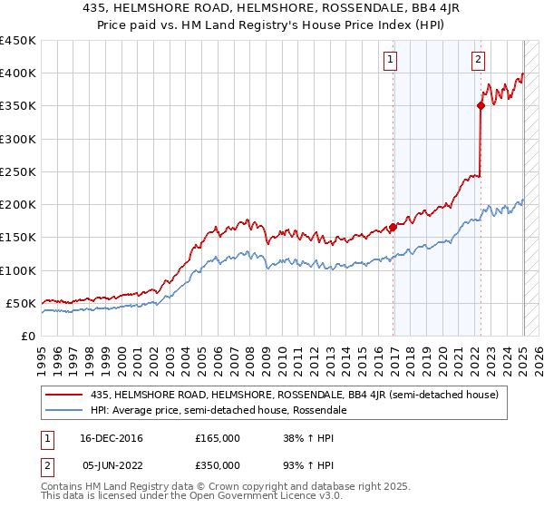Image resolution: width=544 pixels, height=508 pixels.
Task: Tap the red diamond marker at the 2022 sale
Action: pyautogui.click(x=481, y=106)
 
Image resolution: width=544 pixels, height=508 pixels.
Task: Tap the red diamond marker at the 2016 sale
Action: pyautogui.click(x=393, y=228)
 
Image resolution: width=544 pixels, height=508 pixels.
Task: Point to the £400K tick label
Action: pyautogui.click(x=18, y=73)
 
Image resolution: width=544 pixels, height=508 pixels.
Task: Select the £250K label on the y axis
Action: pyautogui.click(x=18, y=171)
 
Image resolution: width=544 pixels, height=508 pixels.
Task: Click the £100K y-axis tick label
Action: pyautogui.click(x=18, y=270)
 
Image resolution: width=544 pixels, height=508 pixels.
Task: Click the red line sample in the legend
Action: pyautogui.click(x=64, y=395)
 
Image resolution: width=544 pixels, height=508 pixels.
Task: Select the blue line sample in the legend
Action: pyautogui.click(x=64, y=410)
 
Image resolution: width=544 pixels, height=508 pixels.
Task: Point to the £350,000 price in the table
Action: pyautogui.click(x=218, y=464)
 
